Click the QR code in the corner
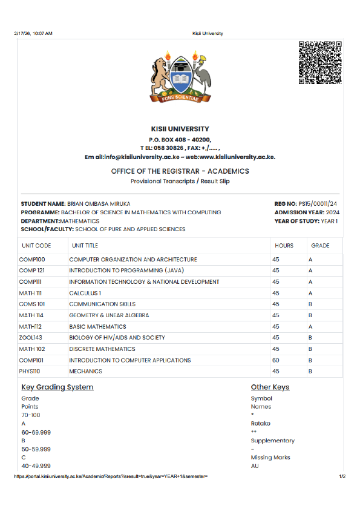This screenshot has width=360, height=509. point(320,62)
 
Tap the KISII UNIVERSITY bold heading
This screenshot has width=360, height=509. point(180,129)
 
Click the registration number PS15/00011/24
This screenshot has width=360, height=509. point(321,204)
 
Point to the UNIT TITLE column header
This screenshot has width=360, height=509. point(85,246)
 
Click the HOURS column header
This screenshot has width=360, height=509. point(284,246)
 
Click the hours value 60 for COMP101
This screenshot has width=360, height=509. point(276,360)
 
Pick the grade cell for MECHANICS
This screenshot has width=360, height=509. point(310,371)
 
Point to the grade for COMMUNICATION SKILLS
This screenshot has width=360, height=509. point(310,304)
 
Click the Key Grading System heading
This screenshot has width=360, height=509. point(57,387)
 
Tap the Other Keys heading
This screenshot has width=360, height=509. point(270,387)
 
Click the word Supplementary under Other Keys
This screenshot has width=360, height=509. point(273,441)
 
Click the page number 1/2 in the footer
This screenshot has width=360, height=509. point(342,477)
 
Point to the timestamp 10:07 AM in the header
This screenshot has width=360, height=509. point(41,33)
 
